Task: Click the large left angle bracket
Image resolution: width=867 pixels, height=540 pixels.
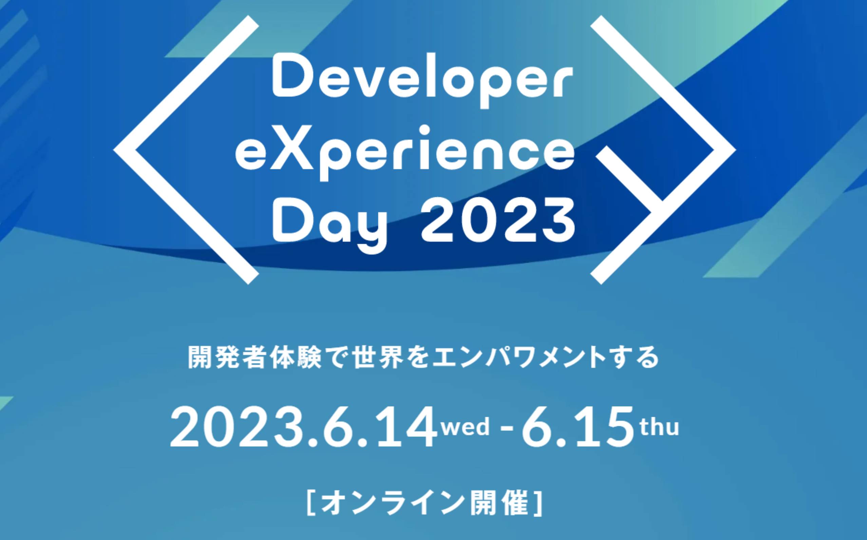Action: point(186,150)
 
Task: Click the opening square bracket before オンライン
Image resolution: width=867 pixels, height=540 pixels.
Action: point(312,504)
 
